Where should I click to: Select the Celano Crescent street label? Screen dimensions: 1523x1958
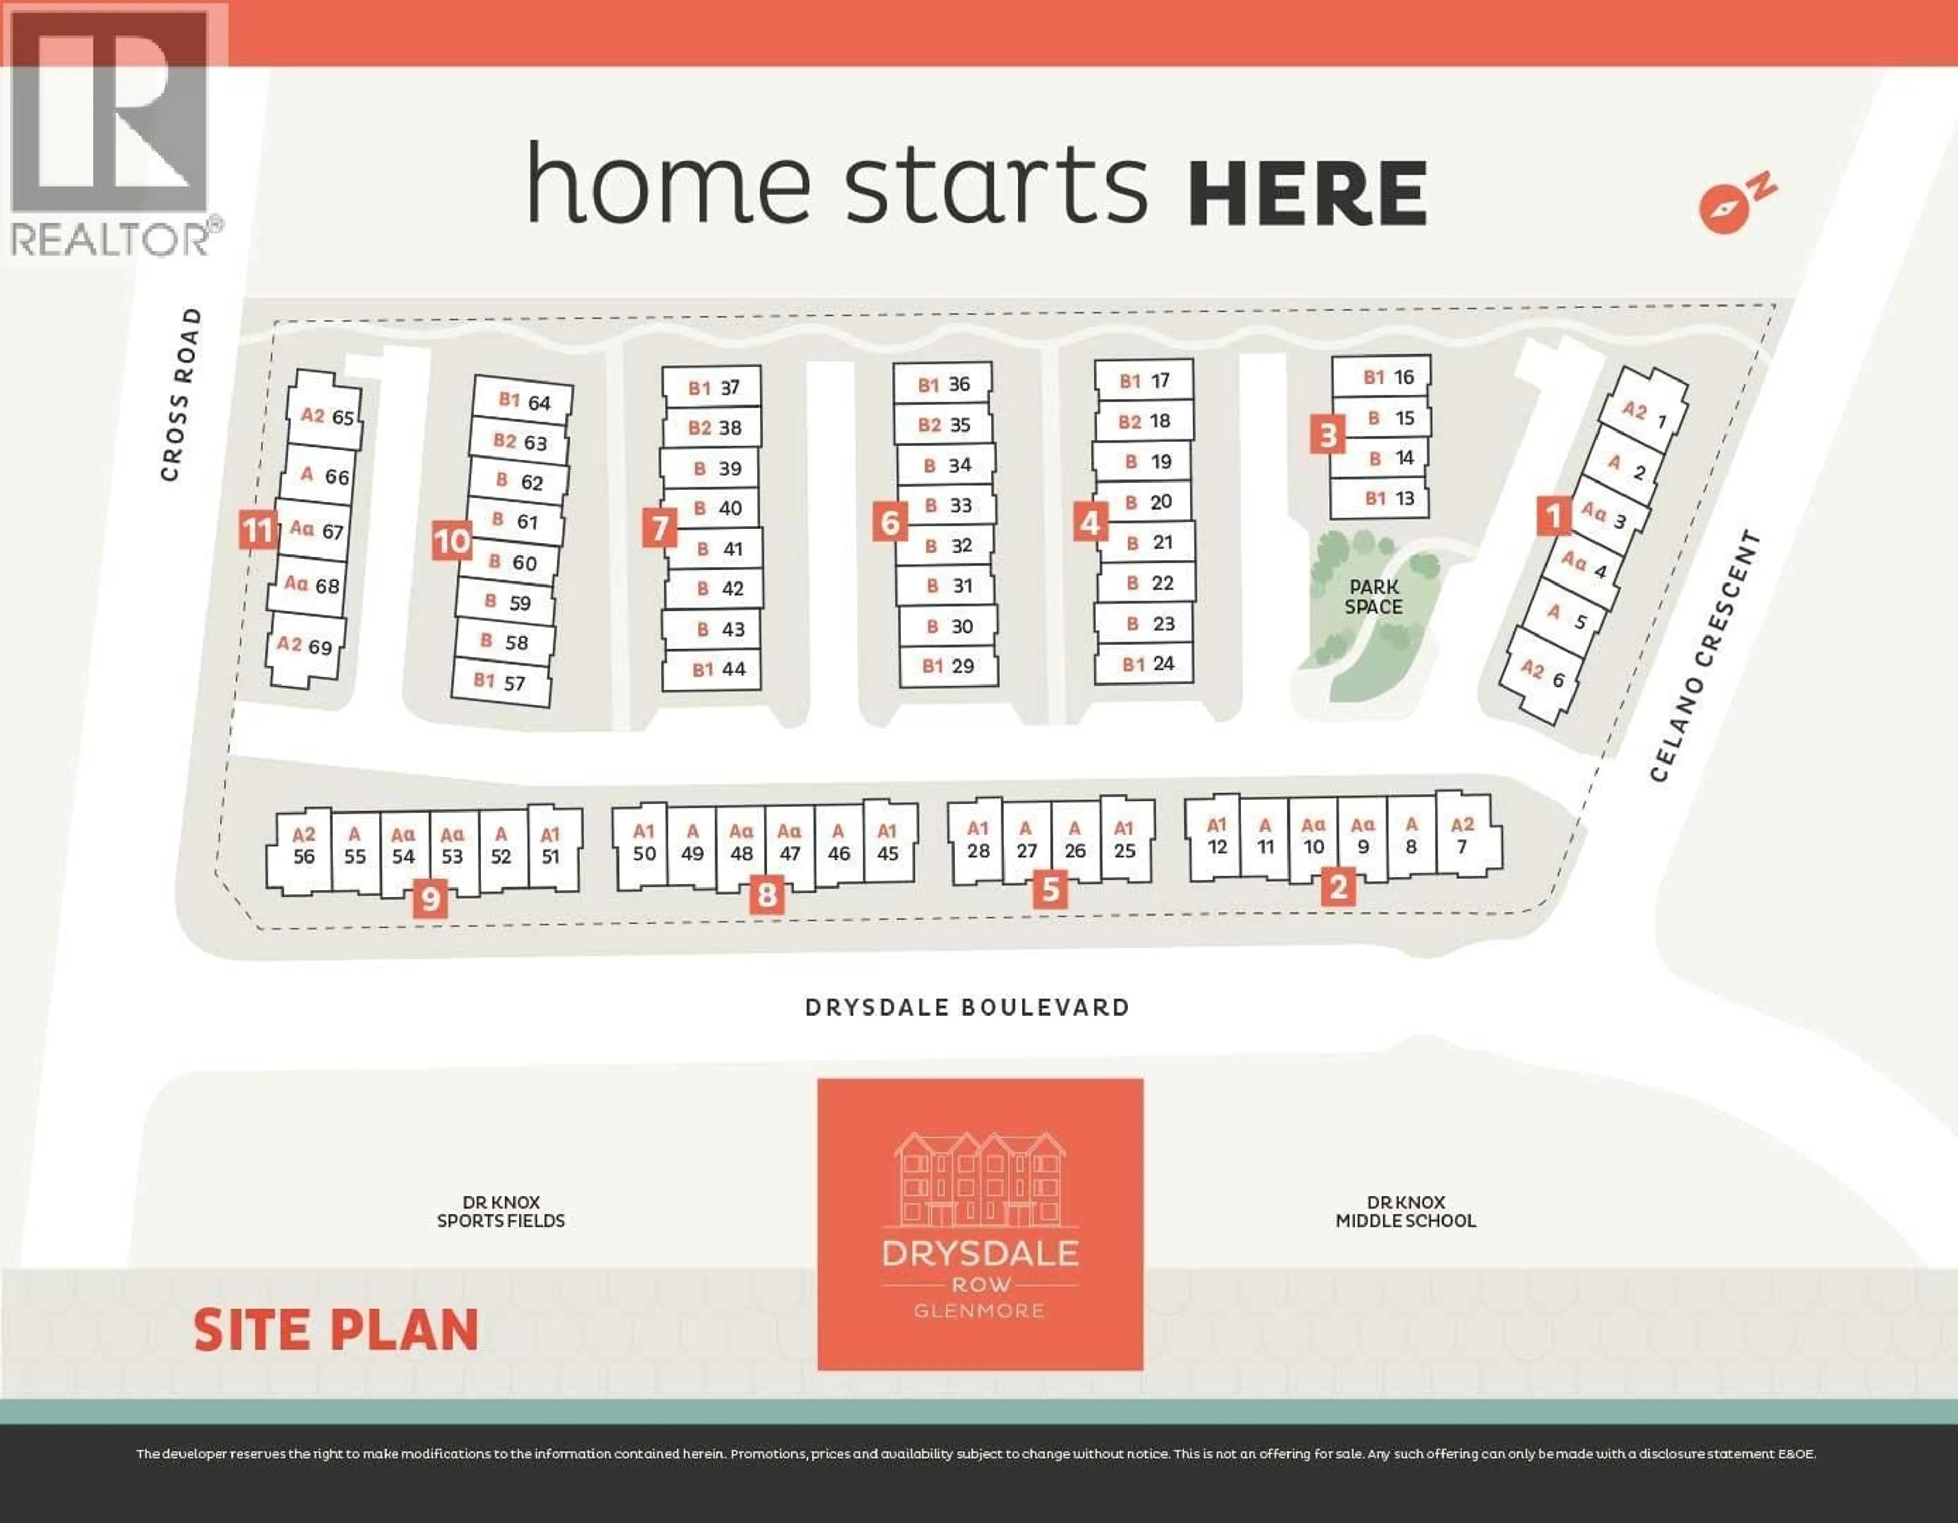tap(1705, 655)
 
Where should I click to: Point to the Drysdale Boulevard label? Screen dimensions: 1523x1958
tap(967, 1007)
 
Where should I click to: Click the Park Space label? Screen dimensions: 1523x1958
tap(1374, 596)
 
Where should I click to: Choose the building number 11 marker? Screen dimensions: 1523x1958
tap(257, 530)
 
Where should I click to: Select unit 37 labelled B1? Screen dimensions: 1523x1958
tap(713, 388)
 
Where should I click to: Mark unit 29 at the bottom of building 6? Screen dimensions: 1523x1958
tap(947, 667)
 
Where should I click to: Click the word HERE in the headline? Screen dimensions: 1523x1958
tap(1307, 194)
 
